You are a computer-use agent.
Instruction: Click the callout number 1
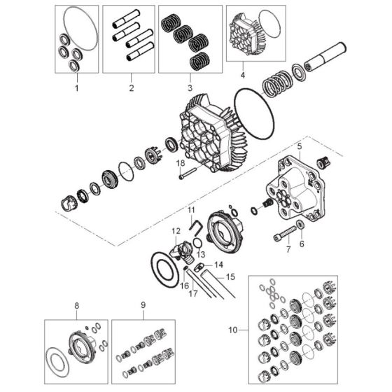coord(77,88)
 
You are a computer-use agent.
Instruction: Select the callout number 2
coord(130,88)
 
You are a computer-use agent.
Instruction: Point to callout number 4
coord(242,73)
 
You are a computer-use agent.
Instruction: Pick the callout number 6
coord(302,244)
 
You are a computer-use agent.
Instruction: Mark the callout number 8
coord(76,305)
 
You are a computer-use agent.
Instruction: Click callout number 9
coord(143,305)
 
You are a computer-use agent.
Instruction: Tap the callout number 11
coord(190,209)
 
